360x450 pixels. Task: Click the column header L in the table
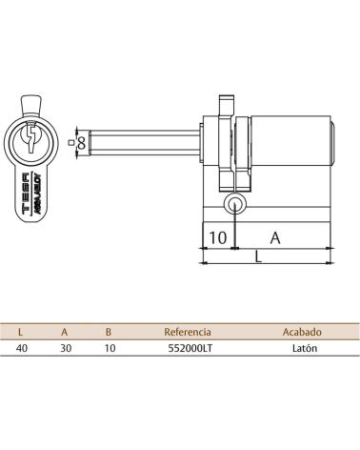point(21,332)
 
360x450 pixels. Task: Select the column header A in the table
point(65,332)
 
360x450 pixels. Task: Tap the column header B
point(109,332)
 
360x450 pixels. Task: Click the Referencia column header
point(188,332)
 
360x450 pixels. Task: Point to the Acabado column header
point(302,332)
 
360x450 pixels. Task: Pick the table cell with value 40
point(22,348)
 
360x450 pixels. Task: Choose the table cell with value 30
point(66,348)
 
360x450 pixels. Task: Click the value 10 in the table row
point(110,348)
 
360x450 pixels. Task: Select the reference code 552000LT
point(190,348)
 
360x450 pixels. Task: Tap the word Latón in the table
point(305,348)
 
